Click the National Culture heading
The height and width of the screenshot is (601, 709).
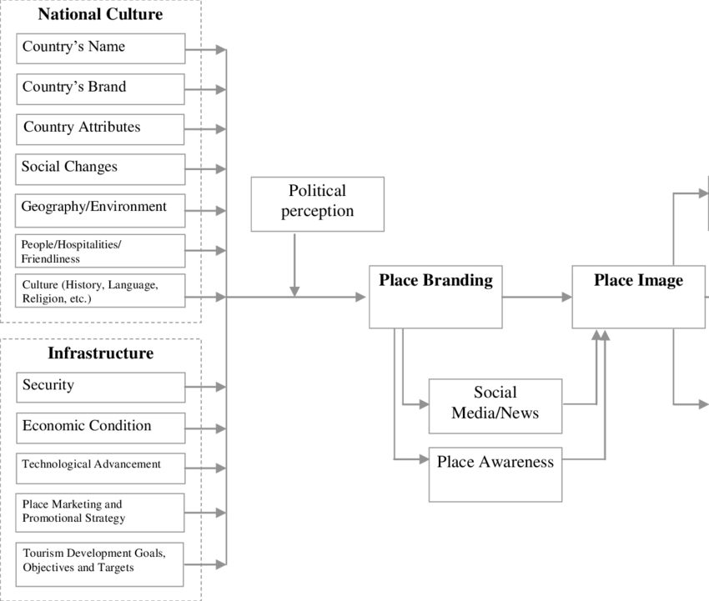pos(100,14)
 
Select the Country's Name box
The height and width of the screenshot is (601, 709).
pos(100,48)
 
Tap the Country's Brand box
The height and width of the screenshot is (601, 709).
pos(100,88)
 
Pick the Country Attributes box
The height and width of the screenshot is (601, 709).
pos(100,129)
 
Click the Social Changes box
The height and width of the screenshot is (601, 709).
pos(100,168)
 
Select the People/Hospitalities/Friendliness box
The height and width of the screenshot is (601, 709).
pos(100,251)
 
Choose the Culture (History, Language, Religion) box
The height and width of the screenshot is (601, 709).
pos(100,291)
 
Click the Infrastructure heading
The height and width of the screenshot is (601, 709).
pos(100,353)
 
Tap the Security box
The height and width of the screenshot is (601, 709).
pos(100,387)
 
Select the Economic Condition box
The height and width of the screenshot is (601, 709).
pos(100,428)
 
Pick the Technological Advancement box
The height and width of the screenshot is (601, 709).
pos(100,468)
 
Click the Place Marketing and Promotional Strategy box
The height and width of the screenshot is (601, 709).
pos(100,512)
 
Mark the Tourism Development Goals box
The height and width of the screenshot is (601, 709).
pos(100,563)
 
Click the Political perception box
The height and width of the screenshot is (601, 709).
pos(317,203)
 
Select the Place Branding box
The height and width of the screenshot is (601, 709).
pos(435,297)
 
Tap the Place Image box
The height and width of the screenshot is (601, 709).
pos(638,297)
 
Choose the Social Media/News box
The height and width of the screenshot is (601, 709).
pos(495,406)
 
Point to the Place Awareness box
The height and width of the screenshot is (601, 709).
pos(495,474)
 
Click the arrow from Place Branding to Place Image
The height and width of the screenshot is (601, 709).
pos(537,297)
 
